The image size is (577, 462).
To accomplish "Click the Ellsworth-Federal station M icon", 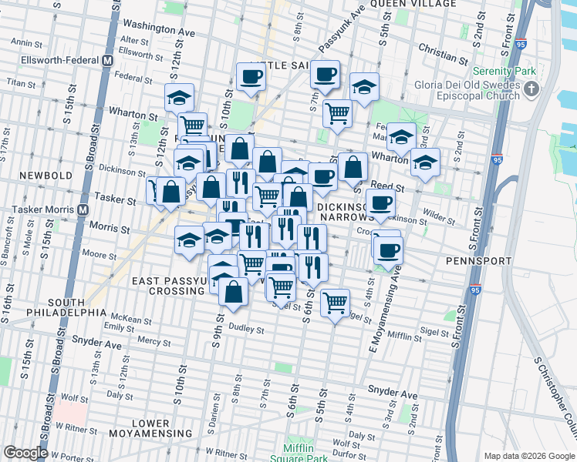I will [x=107, y=59].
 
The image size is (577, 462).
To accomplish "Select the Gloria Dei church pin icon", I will [x=531, y=90].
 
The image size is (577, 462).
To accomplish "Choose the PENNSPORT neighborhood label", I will [x=478, y=261].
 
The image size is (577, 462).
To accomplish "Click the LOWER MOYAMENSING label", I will [x=150, y=430].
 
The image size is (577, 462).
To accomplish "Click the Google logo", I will [x=25, y=453].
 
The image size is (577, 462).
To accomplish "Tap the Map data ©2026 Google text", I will [x=528, y=456].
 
